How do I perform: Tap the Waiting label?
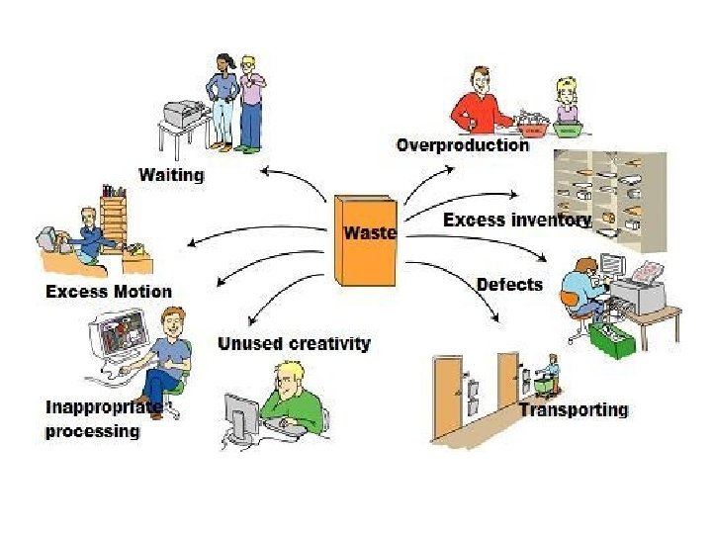[171, 175]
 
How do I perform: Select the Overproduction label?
[462, 145]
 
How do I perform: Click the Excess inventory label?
[517, 220]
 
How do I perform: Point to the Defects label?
[509, 285]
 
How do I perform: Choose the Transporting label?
[574, 409]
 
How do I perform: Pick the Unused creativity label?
[294, 344]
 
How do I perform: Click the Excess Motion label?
[109, 292]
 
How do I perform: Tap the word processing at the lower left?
[92, 432]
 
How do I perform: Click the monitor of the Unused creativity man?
[241, 415]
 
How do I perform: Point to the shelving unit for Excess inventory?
[609, 197]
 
